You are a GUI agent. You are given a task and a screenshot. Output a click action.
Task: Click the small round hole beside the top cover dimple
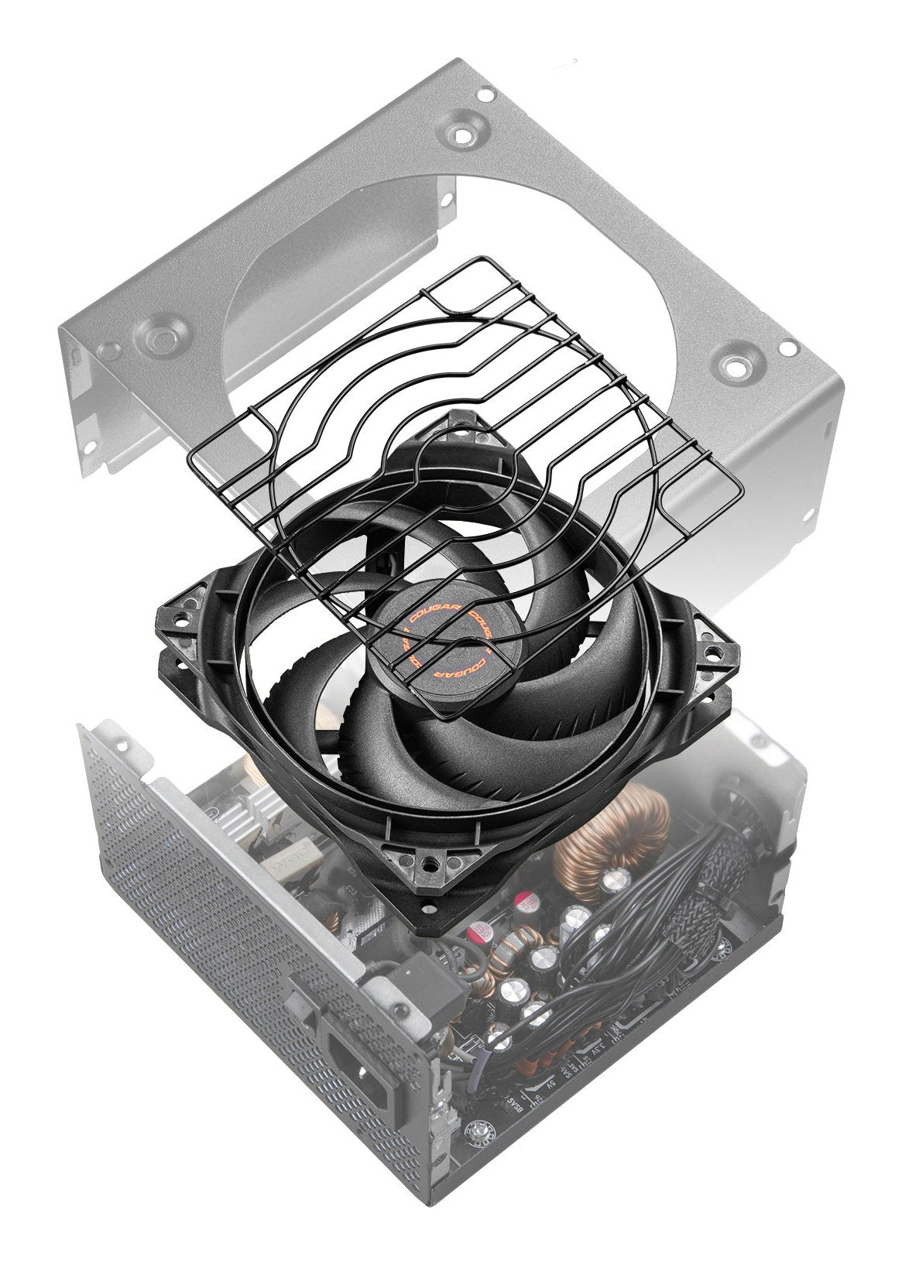(485, 97)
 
